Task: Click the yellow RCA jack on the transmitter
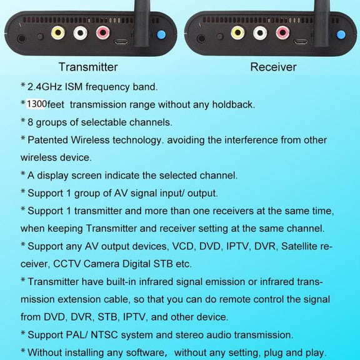pos(58,32)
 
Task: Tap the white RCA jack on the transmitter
pos(81,32)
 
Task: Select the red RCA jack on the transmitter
pos(103,32)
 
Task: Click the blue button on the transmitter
pos(161,34)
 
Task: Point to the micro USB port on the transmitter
pos(121,42)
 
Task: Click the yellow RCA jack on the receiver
pos(237,32)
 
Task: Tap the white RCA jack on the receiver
pos(260,32)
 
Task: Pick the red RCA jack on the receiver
pos(282,32)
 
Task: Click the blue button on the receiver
pos(341,34)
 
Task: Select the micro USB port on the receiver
pos(301,42)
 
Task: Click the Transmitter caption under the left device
pos(88,67)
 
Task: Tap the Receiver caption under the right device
pos(273,67)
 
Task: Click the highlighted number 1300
pos(37,104)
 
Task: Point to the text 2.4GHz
pos(45,87)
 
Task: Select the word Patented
pos(47,140)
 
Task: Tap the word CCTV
pos(67,264)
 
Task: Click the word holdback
pos(234,104)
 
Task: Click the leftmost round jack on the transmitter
pos(22,38)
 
